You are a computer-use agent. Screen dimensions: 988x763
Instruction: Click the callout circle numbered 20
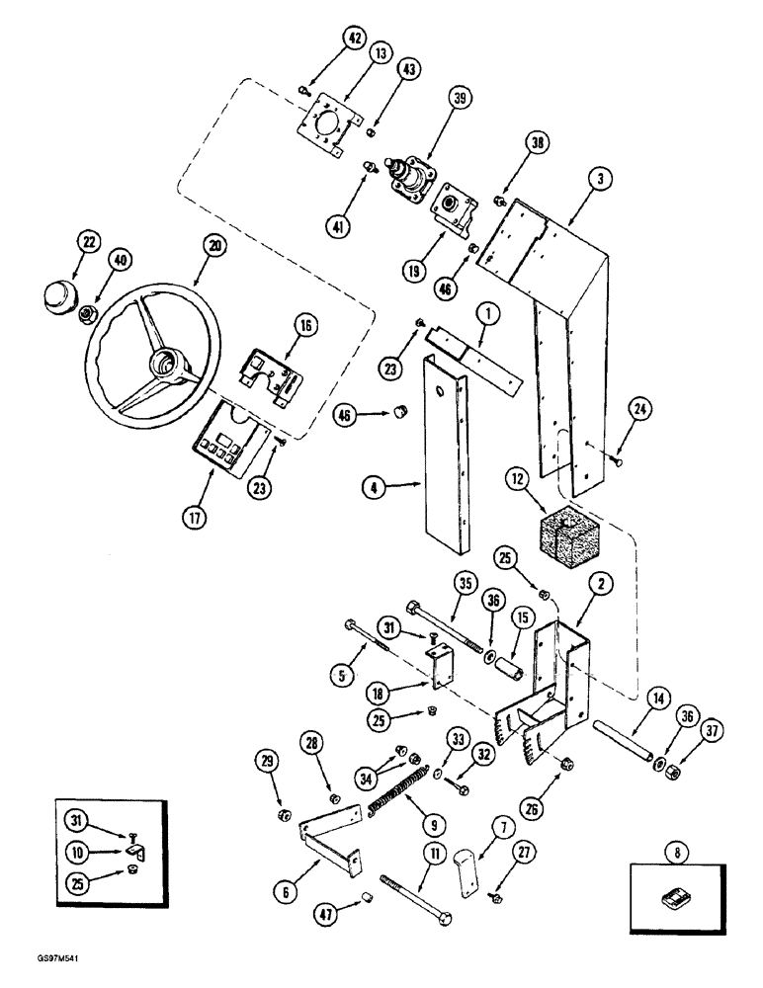(x=211, y=245)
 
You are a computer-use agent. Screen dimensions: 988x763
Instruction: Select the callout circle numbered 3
(x=599, y=179)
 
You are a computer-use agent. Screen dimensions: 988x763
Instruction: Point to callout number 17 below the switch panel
(x=195, y=516)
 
